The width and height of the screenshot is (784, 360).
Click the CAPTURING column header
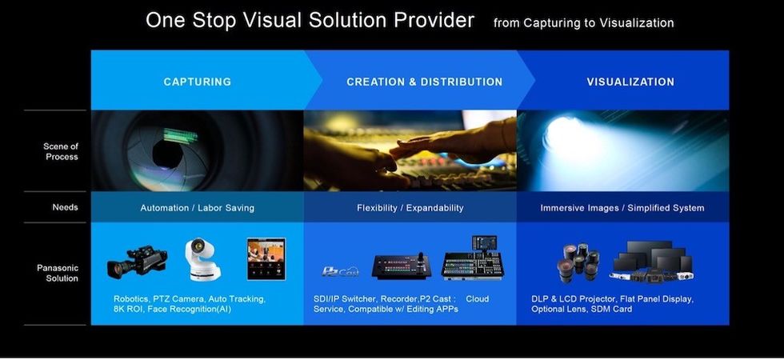197,82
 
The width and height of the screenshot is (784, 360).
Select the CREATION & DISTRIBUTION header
425,82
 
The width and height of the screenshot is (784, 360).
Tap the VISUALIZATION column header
630,82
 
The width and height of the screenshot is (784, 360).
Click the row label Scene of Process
61,151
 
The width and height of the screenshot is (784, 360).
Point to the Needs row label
65,207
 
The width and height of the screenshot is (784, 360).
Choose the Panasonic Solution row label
58,273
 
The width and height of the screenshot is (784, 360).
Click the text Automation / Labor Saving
197,207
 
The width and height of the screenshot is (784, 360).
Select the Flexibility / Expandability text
410,207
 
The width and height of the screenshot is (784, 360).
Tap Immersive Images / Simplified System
622,207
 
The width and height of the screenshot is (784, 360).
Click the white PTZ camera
201,258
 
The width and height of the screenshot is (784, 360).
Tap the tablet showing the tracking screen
266,258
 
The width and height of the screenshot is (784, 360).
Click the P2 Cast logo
340,271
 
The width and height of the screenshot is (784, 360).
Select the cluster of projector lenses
580,261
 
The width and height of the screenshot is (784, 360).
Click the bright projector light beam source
564,135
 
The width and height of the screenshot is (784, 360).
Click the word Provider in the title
434,21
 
